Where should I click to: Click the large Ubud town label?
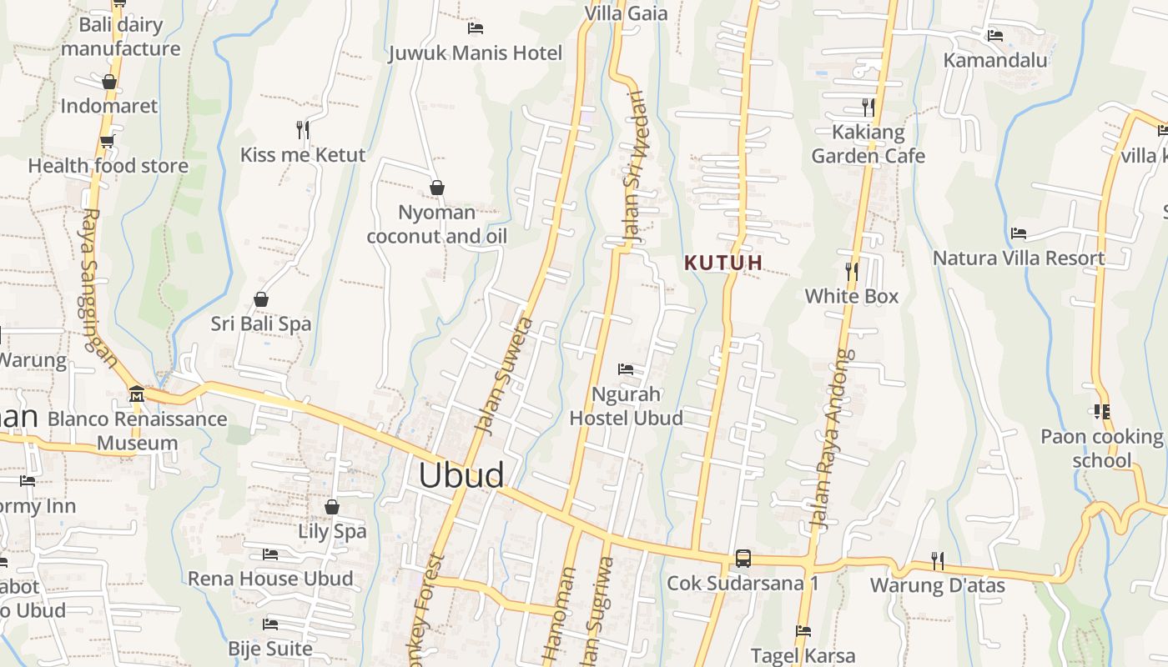pos(461,475)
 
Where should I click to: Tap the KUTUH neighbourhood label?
pos(723,263)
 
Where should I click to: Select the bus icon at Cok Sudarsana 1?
pos(743,558)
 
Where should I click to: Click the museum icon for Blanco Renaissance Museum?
pos(137,394)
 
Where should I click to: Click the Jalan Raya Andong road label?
pos(832,439)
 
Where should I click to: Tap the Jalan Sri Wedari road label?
pos(635,167)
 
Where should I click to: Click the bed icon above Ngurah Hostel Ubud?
pos(626,369)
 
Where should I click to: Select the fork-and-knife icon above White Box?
pos(851,272)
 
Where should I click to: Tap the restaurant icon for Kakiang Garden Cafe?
pos(868,108)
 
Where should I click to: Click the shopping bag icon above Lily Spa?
pos(332,507)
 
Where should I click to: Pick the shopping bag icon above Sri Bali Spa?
pos(261,299)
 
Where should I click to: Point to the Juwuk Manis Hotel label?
pos(476,53)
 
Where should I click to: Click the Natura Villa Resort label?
pos(1019,258)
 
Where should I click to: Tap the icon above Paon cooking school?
pos(1101,412)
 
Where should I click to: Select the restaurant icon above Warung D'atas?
pos(938,561)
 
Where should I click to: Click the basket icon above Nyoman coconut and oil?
pos(436,188)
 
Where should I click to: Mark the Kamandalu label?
pos(995,60)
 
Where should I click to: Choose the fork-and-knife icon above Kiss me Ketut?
pos(303,130)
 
